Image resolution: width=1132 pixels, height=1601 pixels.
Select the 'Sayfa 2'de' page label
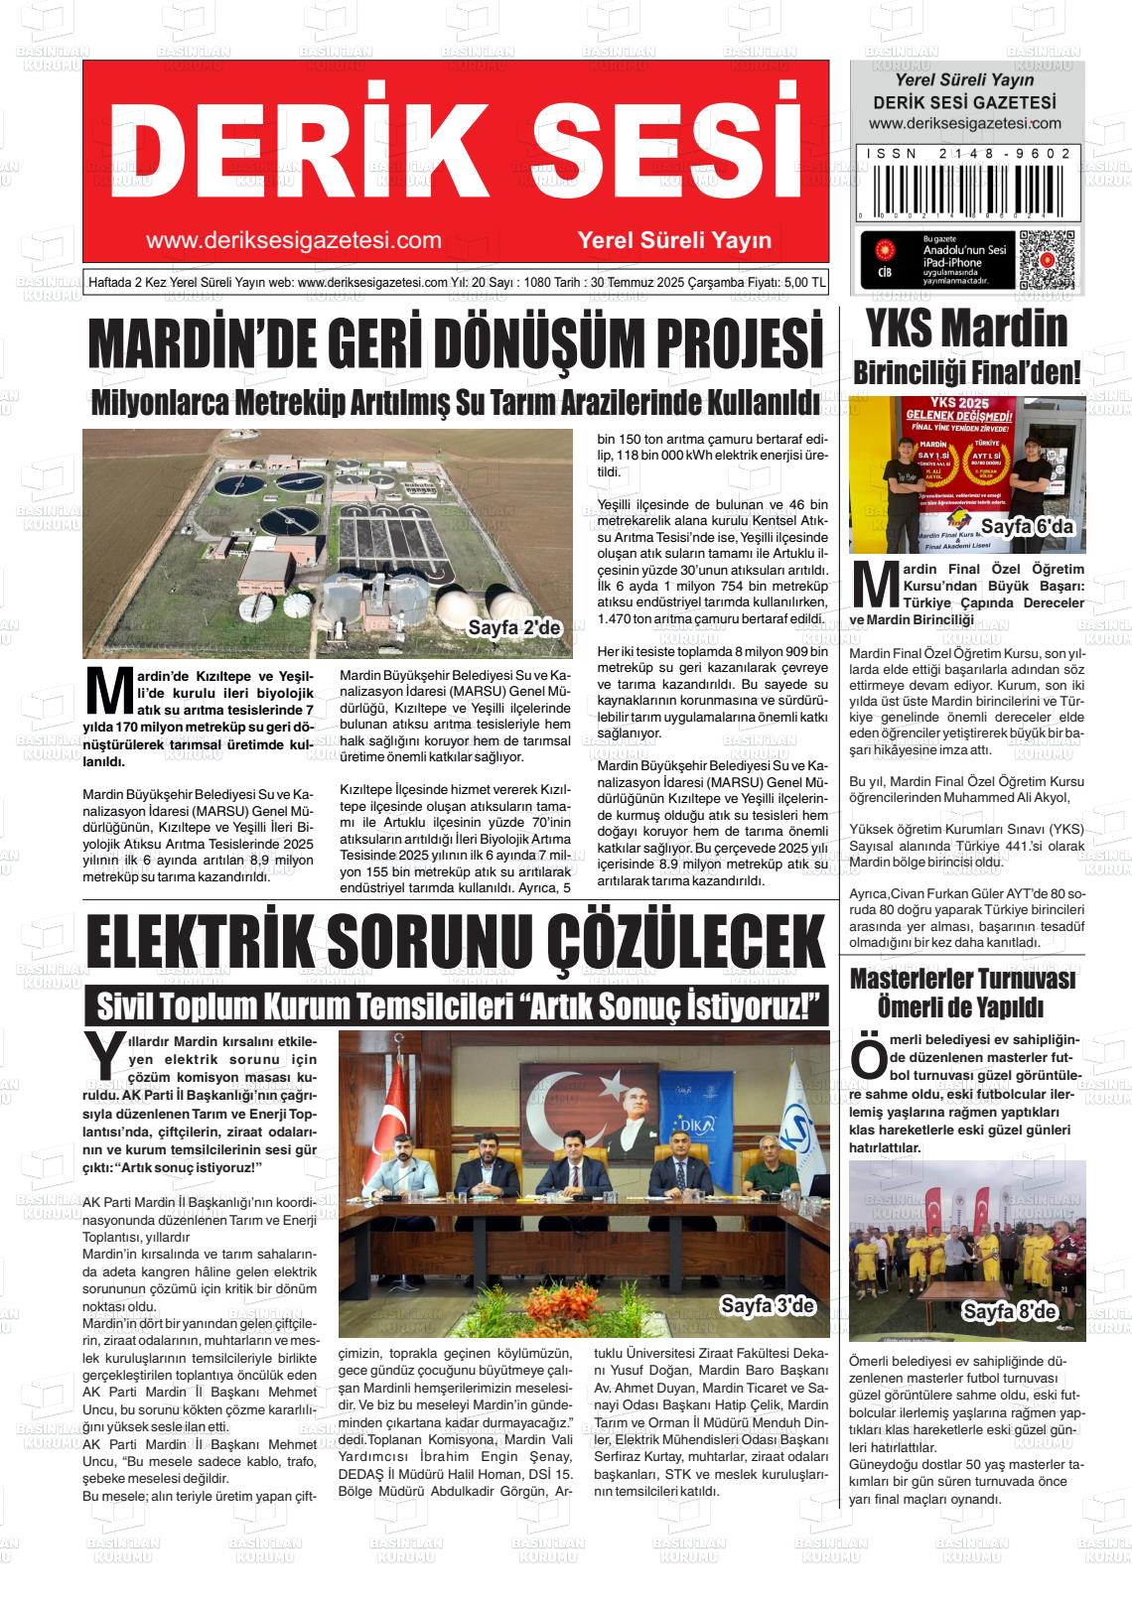[x=514, y=627]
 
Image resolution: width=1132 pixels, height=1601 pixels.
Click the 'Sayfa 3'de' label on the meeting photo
[x=767, y=1305]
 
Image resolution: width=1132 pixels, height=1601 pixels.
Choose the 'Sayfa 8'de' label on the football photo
[x=1010, y=1312]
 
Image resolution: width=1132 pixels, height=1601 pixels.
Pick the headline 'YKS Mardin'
[x=966, y=329]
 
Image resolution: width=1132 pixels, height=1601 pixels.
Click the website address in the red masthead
[x=293, y=239]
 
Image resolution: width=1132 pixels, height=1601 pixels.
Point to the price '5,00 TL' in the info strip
[x=803, y=281]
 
